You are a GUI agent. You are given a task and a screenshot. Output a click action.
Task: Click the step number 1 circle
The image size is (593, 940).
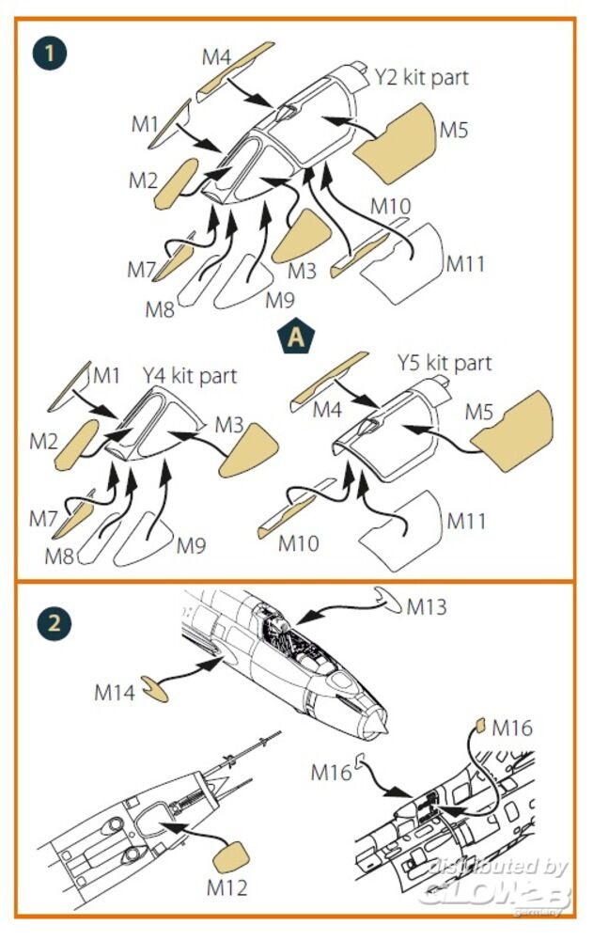[51, 51]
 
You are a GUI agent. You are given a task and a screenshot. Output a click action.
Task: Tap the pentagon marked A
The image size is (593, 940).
[296, 337]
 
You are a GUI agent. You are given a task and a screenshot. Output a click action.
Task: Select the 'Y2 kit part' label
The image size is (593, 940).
[421, 76]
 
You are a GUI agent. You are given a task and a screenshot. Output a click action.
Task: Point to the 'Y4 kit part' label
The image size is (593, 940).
[190, 375]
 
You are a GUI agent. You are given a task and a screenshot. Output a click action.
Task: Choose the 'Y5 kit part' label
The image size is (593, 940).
[444, 362]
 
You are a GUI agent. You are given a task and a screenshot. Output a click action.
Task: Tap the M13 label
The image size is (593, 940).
[427, 605]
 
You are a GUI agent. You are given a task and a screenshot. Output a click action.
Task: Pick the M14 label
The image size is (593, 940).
[116, 693]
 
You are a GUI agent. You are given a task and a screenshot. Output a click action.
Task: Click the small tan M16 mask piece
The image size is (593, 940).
[478, 725]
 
